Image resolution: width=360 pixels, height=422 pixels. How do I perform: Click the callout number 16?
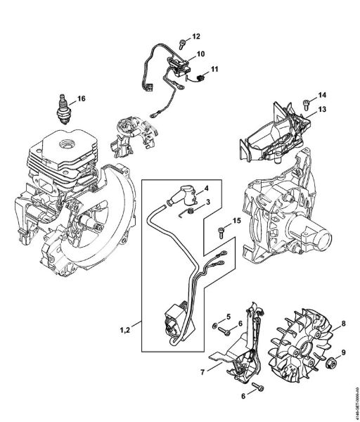click(81, 98)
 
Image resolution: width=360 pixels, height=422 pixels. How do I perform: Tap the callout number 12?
click(196, 36)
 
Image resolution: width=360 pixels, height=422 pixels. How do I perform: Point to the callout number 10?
click(200, 53)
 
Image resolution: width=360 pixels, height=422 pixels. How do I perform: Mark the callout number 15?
click(237, 221)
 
